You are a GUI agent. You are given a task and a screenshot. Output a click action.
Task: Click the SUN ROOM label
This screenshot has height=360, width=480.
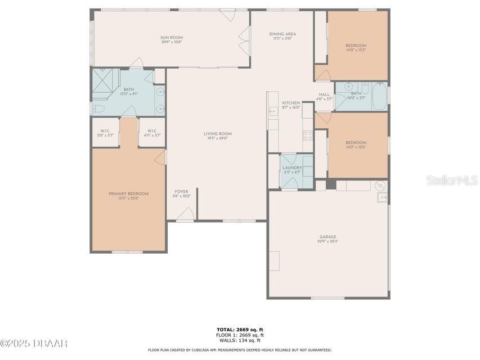(172, 38)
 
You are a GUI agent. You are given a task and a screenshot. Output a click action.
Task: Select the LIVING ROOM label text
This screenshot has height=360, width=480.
(217, 133)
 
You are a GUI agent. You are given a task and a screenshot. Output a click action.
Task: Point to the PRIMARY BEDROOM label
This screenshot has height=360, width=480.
(128, 193)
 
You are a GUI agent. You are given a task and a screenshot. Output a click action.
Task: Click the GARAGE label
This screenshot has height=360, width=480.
(328, 237)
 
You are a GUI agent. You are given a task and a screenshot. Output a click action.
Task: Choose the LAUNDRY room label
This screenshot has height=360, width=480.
(292, 168)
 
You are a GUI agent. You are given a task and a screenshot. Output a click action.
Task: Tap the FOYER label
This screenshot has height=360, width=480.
(181, 192)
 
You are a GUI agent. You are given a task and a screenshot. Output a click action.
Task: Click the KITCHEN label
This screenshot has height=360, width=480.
(291, 103)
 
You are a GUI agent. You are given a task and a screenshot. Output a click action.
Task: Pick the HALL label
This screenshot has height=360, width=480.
(325, 94)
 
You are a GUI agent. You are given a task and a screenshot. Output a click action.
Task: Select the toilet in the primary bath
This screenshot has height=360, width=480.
(98, 109)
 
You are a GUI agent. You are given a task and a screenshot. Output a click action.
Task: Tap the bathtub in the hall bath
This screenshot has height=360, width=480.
(379, 97)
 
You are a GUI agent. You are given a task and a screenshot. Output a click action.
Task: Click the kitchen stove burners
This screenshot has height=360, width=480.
(308, 135)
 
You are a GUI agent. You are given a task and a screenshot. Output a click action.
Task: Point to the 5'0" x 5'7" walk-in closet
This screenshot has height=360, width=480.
(105, 133)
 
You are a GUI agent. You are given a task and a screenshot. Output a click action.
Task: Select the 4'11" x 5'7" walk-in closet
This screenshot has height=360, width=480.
(151, 133)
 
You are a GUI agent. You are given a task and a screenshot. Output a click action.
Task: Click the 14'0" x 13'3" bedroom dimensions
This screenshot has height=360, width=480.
(356, 50)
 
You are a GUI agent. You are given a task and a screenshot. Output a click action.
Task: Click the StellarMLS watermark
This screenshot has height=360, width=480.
(452, 180)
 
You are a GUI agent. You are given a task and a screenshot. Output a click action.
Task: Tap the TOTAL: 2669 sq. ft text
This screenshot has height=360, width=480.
(240, 330)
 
